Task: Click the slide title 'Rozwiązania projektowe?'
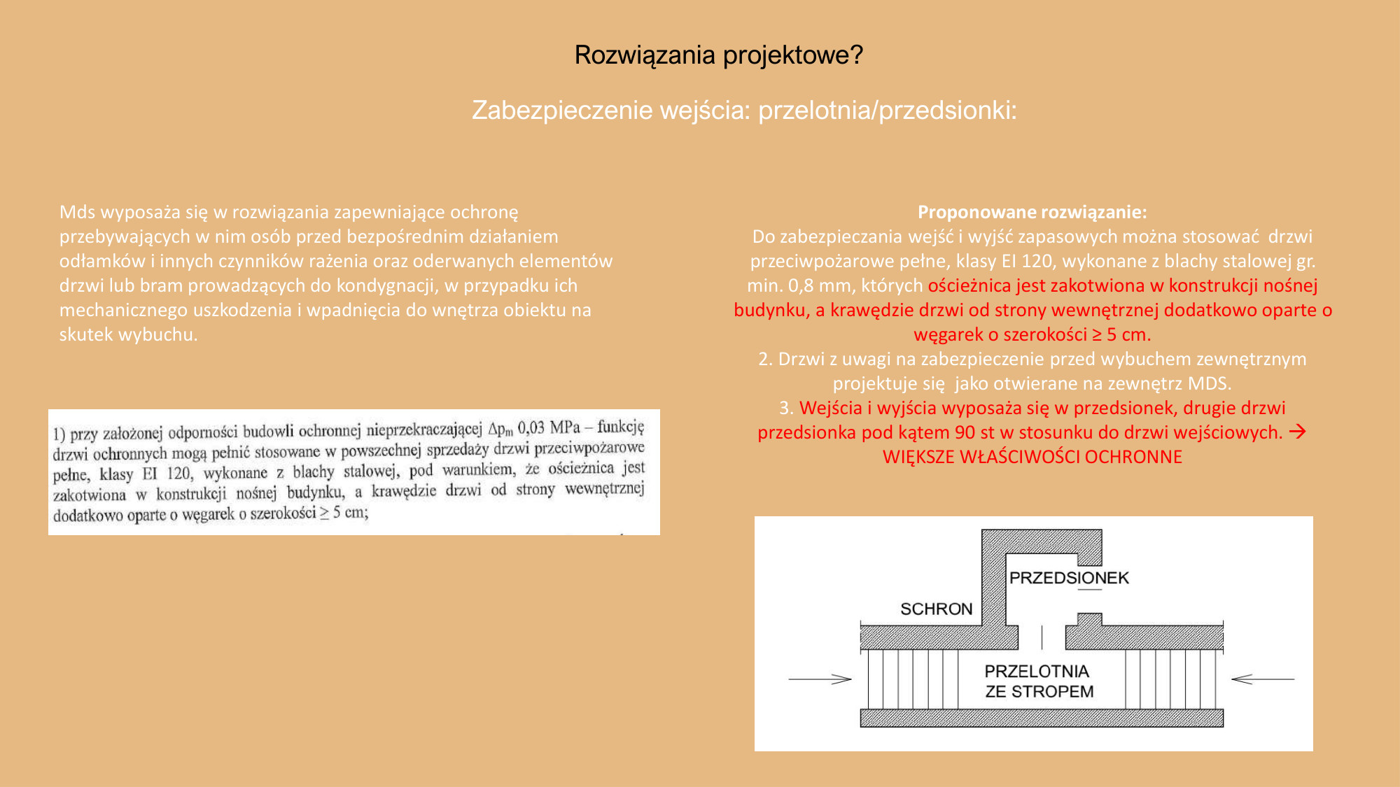(718, 55)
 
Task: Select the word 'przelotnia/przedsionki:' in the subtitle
(887, 111)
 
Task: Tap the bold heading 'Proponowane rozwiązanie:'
(1032, 212)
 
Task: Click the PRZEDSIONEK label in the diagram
(1069, 578)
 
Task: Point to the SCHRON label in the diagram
(936, 609)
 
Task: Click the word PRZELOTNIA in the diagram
(1037, 672)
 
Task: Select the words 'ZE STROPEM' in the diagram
(1039, 692)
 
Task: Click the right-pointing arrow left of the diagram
(820, 679)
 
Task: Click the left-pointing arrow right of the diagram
(1262, 679)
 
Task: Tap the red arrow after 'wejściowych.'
(1297, 432)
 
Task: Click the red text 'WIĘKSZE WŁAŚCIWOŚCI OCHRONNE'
(1032, 457)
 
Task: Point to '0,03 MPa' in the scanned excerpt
(549, 427)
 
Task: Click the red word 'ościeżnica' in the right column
(969, 285)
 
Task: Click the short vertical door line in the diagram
(1042, 637)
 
